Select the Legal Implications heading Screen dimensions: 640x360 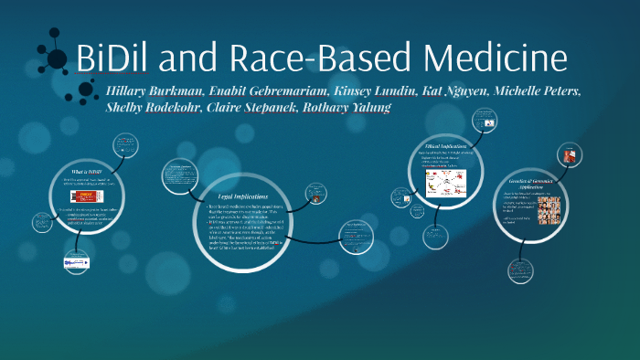[244, 196]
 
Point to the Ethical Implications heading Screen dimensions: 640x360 [446, 146]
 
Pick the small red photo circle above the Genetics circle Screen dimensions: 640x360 [570, 155]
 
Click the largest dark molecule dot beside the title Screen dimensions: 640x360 [57, 59]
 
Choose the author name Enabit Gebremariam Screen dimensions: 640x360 [272, 92]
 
